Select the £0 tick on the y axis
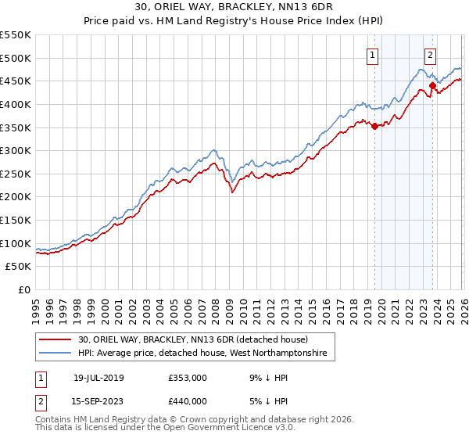tap(25, 289)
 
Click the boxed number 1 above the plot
tap(372, 55)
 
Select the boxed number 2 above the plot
tap(431, 55)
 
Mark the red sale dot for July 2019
tap(374, 126)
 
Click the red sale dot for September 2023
tap(432, 86)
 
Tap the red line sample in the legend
tap(56, 340)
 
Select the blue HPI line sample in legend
tap(56, 354)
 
